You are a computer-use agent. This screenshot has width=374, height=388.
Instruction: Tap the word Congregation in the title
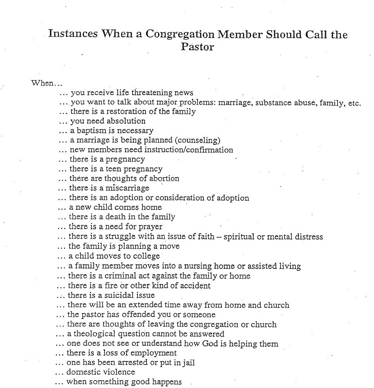pos(179,34)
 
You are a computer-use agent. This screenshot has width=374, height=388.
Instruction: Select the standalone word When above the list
pos(43,83)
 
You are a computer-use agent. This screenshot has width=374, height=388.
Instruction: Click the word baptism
pos(92,130)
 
